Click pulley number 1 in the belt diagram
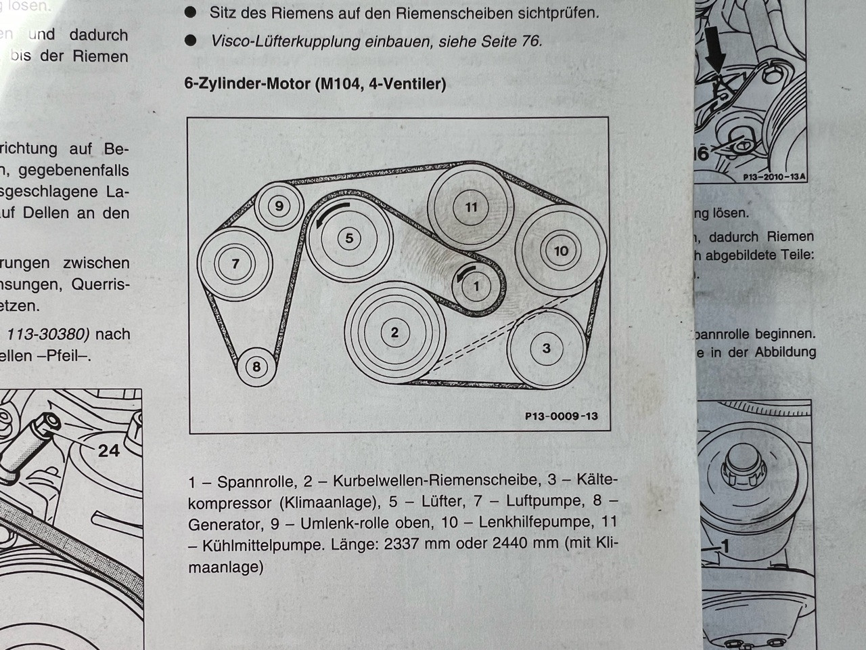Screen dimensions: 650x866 coord(476,286)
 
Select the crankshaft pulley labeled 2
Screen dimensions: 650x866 coord(394,332)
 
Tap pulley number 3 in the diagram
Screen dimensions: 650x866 coord(546,349)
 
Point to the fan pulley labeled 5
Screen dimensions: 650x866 coord(349,238)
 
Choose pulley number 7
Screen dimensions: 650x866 coord(235,263)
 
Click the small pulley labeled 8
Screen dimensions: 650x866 coord(256,367)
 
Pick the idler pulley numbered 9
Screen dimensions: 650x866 coord(279,206)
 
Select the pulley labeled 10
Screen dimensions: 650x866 coord(561,251)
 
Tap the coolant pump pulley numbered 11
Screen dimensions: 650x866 coord(471,207)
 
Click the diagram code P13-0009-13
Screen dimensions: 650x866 coord(561,416)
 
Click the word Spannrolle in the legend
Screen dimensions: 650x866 coord(256,482)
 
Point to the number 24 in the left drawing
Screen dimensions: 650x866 coord(108,450)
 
